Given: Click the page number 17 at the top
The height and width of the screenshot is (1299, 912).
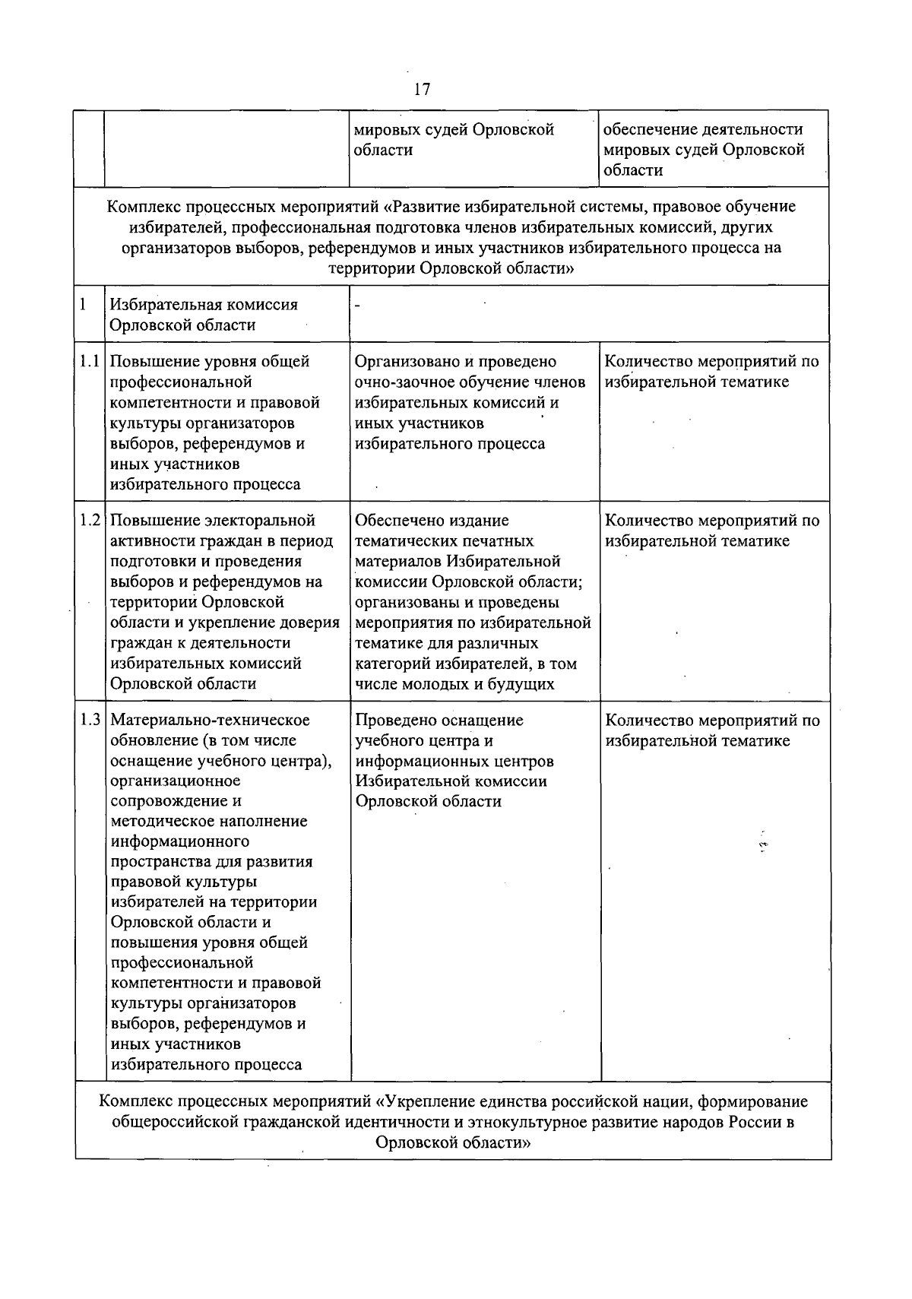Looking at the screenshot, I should pos(422,89).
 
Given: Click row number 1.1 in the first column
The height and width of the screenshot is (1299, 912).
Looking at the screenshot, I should pos(90,362).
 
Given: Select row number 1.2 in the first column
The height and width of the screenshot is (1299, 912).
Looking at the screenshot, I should pos(90,521).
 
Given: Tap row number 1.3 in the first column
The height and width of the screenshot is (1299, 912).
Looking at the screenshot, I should pos(90,720).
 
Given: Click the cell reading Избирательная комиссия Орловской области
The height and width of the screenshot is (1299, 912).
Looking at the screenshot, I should pos(204,315).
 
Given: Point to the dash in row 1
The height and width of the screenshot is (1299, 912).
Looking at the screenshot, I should pos(357,306).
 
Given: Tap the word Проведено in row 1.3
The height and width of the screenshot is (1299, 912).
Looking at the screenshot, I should pos(392,720).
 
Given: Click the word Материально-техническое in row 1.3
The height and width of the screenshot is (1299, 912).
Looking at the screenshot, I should pos(210,720).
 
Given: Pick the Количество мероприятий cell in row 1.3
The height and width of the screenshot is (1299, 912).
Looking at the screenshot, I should pos(712,730).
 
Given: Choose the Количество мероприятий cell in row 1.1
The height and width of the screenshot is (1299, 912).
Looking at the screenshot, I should pos(712,372).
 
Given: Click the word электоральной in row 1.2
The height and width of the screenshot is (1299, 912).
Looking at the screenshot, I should pos(261,521).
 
